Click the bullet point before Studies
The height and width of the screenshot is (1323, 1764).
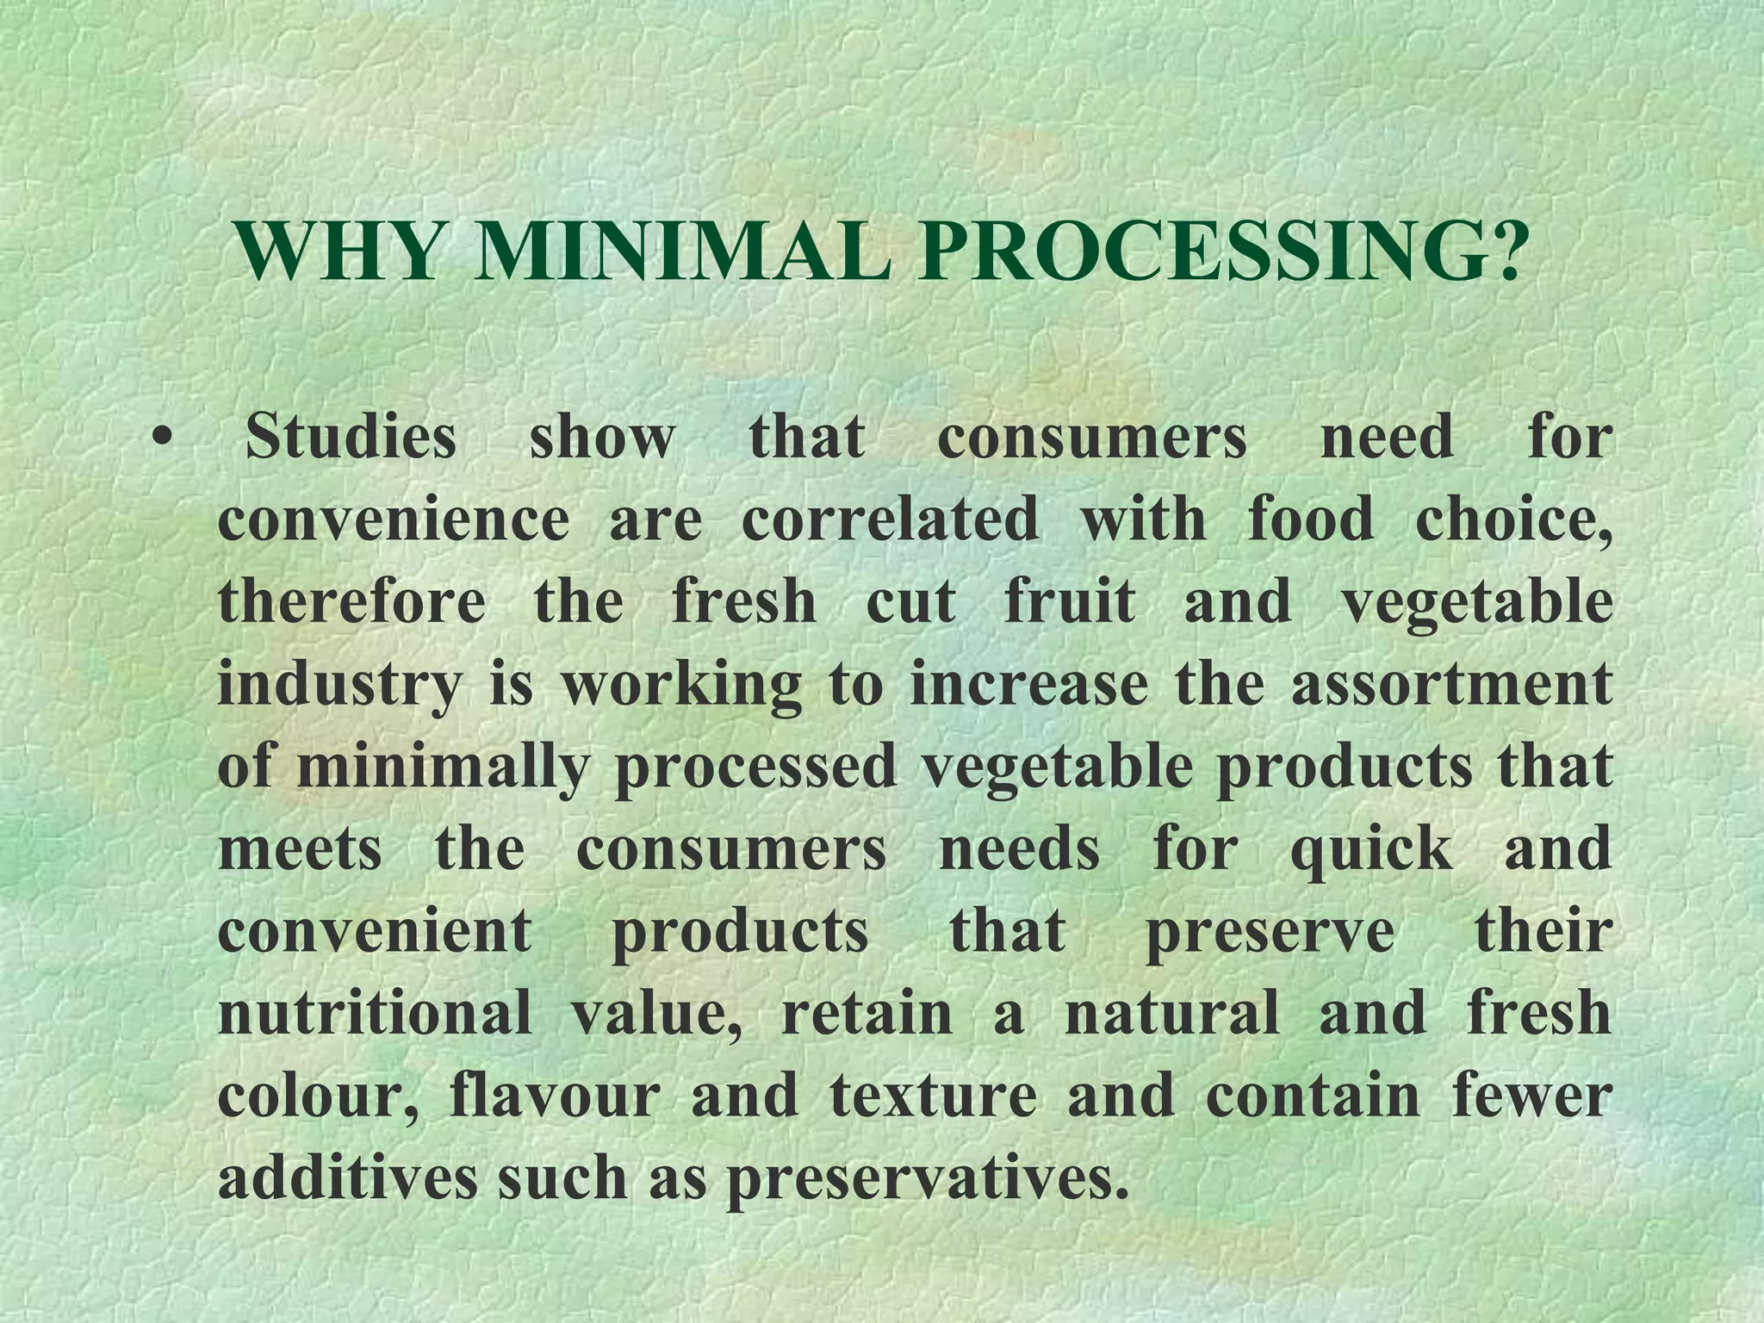pyautogui.click(x=160, y=438)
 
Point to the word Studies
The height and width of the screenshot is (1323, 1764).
pyautogui.click(x=351, y=437)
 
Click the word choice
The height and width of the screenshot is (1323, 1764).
pyautogui.click(x=1513, y=521)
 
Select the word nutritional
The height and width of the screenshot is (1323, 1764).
pyautogui.click(x=375, y=1013)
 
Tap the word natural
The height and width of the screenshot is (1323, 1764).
pyautogui.click(x=1171, y=1013)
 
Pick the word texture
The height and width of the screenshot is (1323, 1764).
pyautogui.click(x=934, y=1096)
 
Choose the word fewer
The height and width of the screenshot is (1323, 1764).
pyautogui.click(x=1531, y=1096)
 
